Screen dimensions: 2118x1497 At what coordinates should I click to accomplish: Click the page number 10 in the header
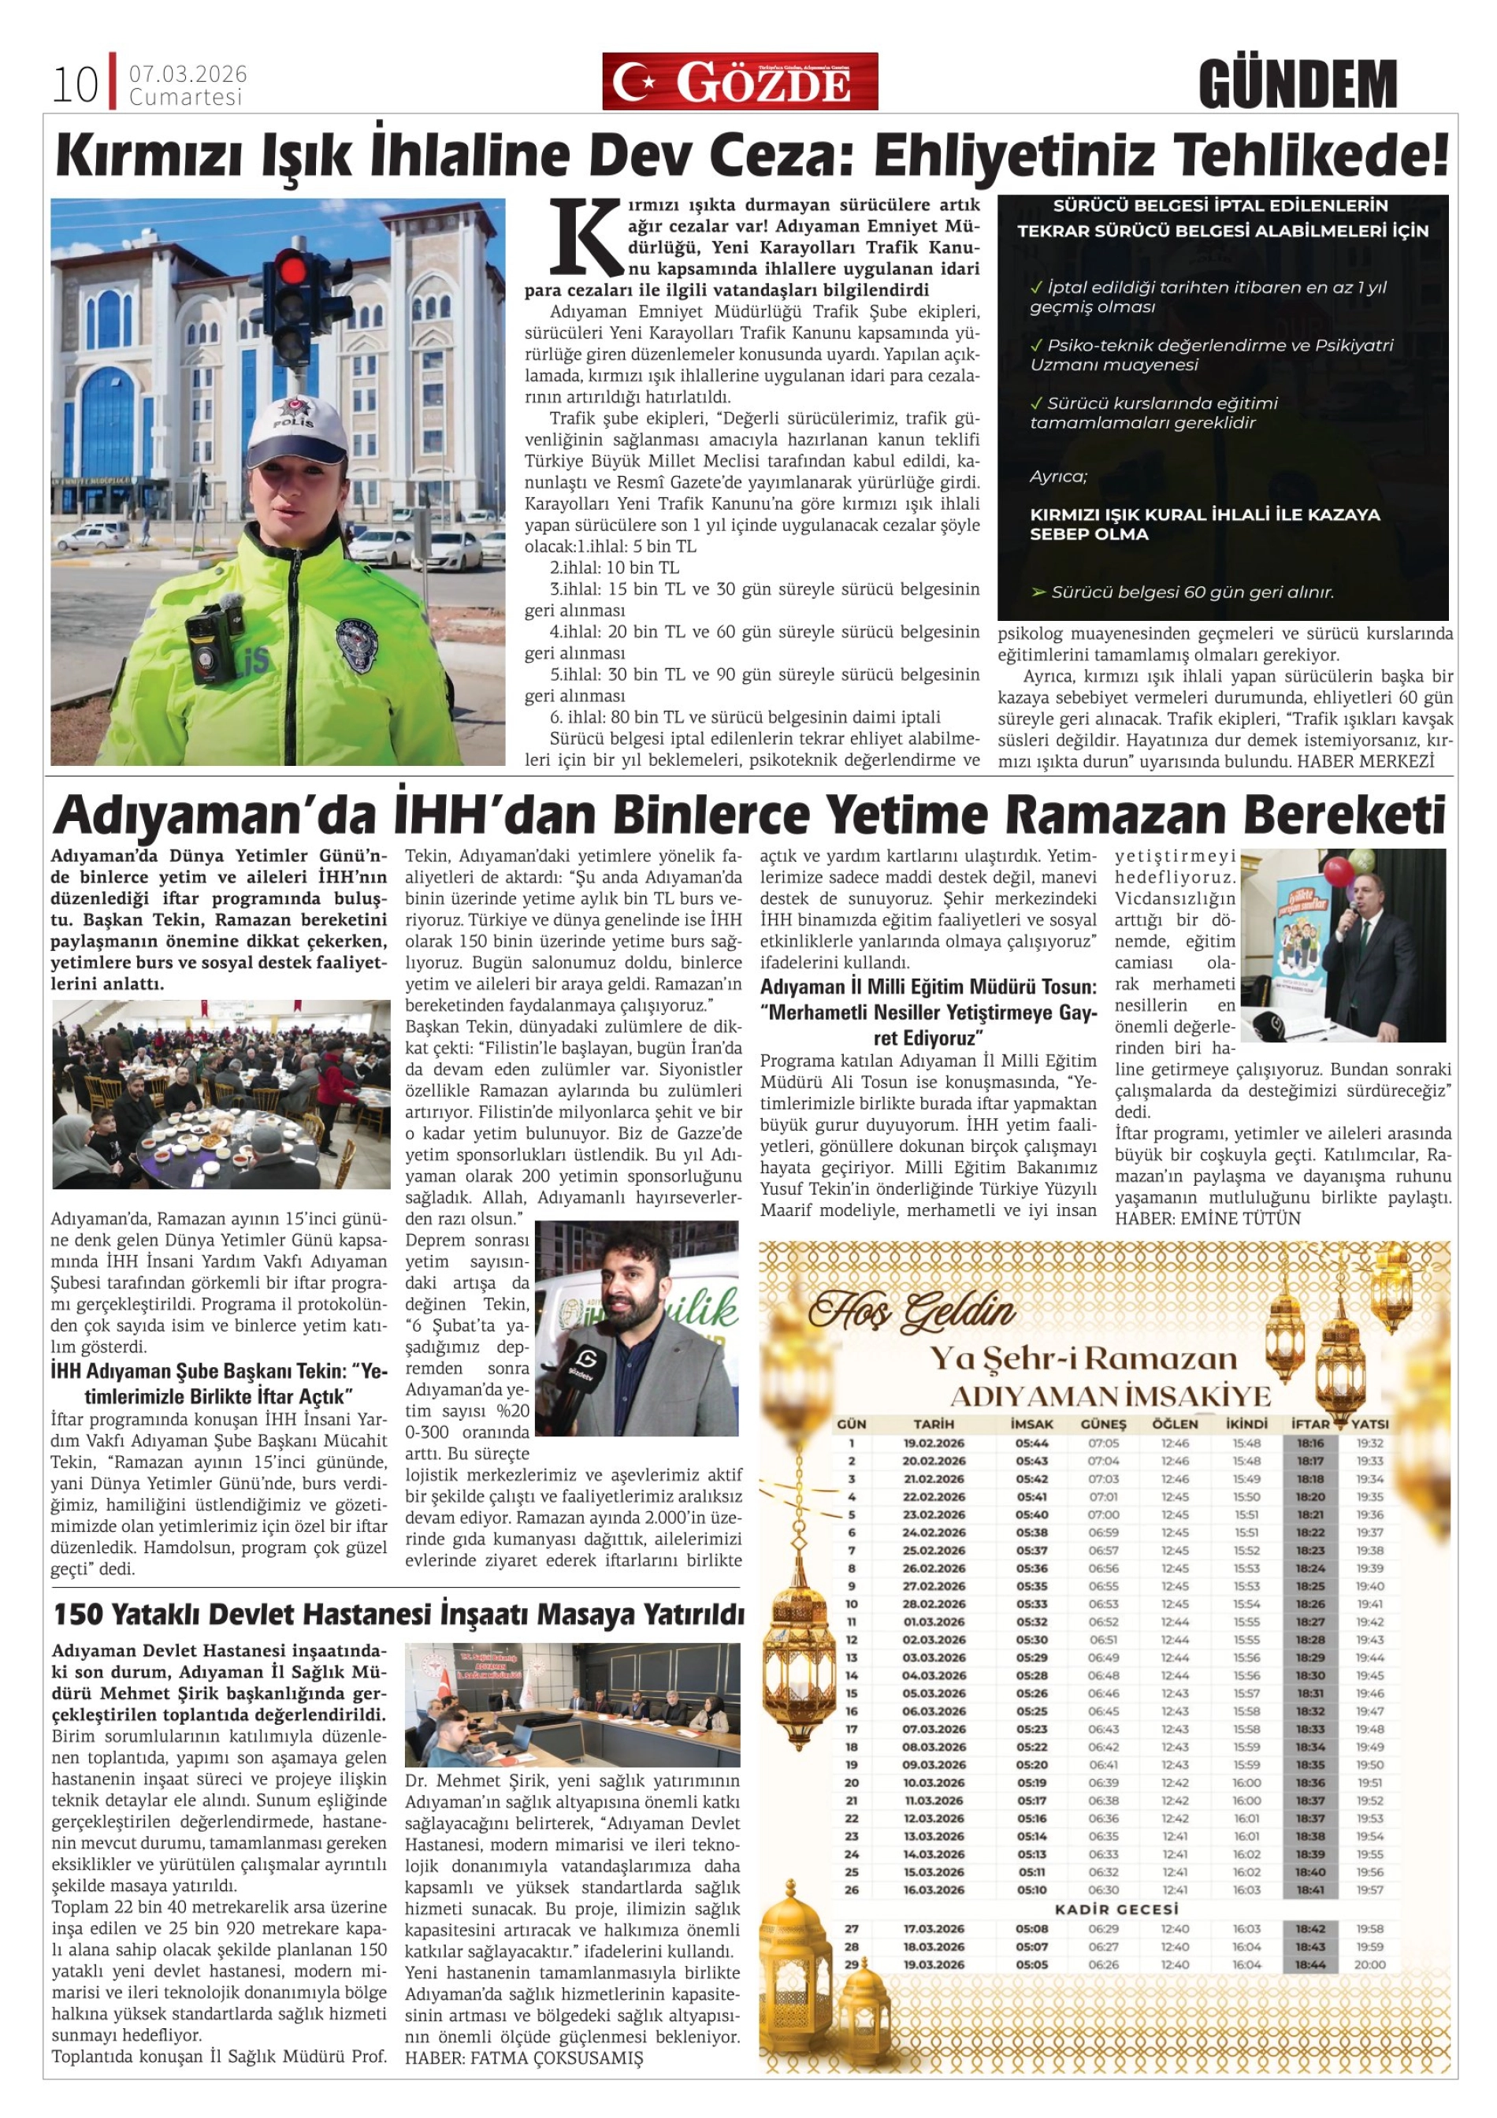click(75, 85)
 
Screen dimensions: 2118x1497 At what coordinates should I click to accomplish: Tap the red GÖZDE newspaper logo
click(740, 82)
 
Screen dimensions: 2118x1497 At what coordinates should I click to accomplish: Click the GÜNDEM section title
click(1298, 84)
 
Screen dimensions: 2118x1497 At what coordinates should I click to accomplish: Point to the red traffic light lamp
click(294, 269)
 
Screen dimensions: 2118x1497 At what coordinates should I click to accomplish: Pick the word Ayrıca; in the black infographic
click(1058, 477)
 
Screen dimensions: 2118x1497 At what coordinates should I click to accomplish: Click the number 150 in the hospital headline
click(77, 1615)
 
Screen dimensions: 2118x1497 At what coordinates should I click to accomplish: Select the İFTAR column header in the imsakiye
click(1309, 1425)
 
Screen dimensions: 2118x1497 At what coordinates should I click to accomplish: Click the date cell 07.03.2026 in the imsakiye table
click(934, 1729)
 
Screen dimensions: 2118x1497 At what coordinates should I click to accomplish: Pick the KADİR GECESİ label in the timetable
click(1116, 1909)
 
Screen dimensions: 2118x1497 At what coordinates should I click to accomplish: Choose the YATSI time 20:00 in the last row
click(1369, 1964)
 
